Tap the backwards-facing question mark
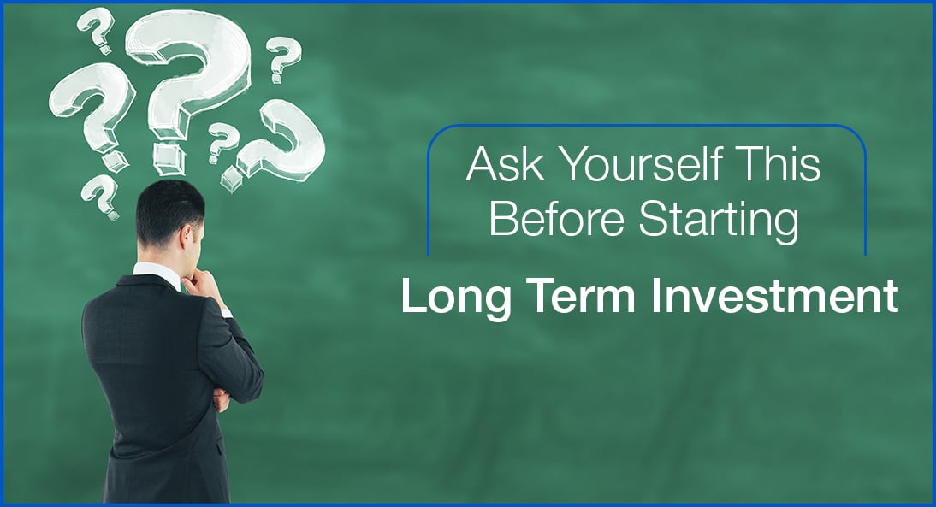point(278,143)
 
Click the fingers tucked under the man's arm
point(221,399)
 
